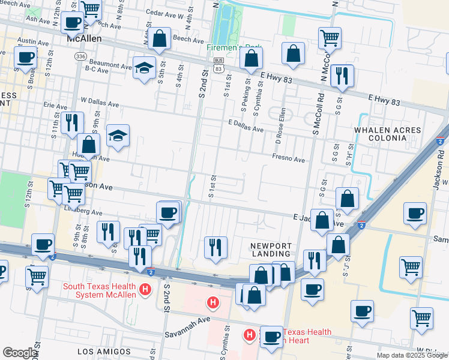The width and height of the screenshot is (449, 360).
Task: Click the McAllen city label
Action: [84, 38]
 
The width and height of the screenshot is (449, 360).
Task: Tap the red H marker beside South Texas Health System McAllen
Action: [145, 290]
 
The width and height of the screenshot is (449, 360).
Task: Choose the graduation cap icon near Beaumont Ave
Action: [145, 67]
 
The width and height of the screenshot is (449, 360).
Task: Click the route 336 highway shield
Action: [80, 56]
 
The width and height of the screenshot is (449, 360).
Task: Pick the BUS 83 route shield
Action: [218, 65]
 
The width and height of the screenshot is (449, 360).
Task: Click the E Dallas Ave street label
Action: [246, 125]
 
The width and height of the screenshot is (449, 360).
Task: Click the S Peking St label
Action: [244, 97]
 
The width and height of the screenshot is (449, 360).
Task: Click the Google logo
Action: [19, 353]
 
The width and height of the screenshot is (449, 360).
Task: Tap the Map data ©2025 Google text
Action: [411, 355]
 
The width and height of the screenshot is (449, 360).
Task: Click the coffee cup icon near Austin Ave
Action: [25, 58]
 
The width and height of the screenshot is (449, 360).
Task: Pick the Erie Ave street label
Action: [55, 104]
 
